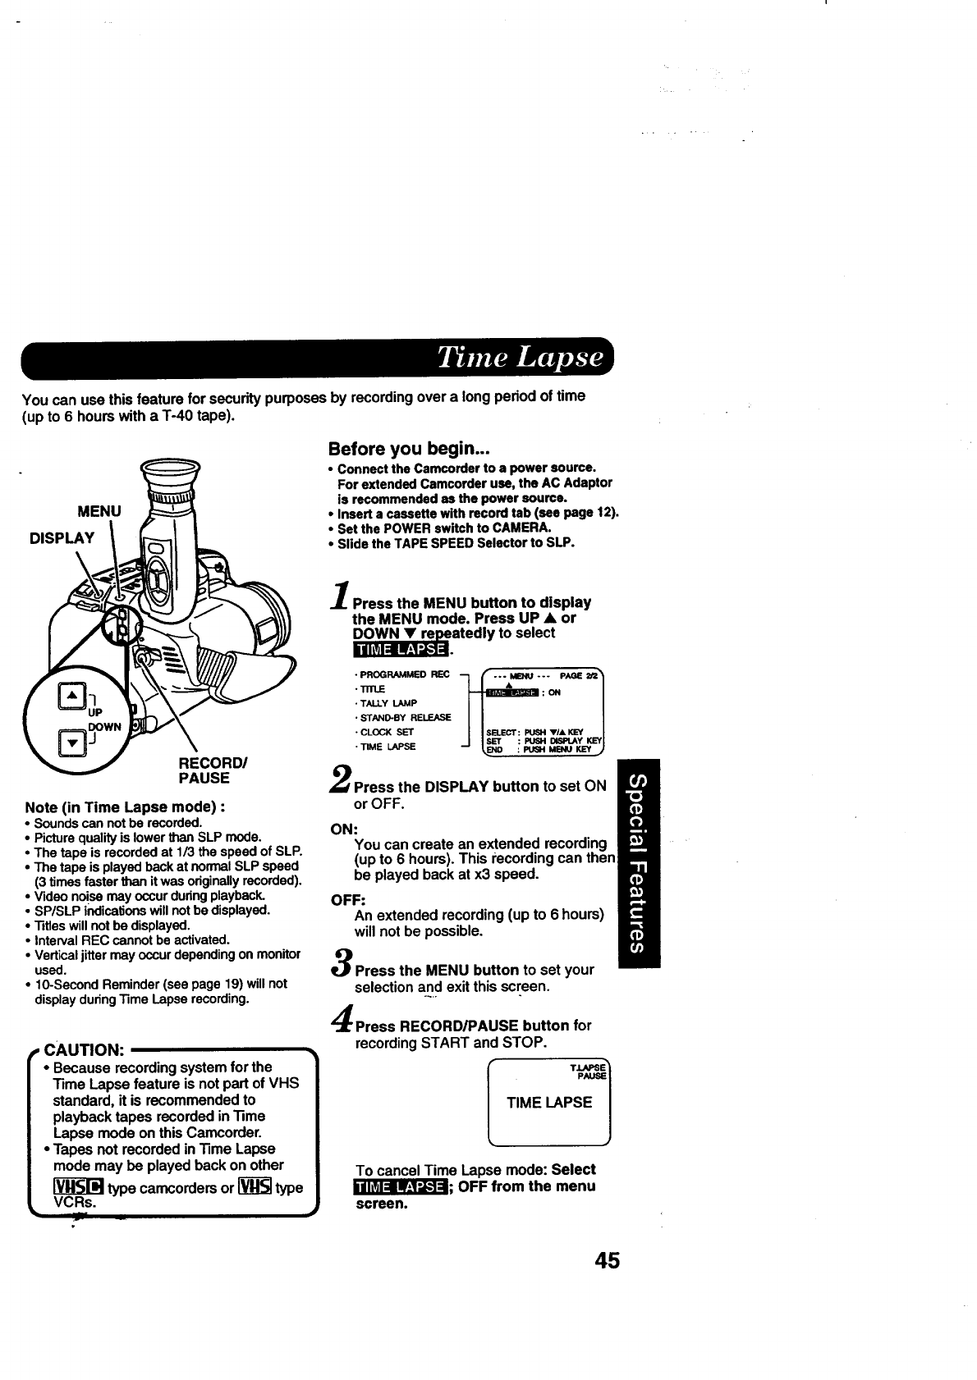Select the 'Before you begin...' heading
(409, 449)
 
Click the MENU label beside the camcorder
(99, 511)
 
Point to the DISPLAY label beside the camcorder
(62, 537)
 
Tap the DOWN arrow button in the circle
(71, 743)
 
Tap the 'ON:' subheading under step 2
(342, 829)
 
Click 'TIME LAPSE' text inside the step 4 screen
(548, 1102)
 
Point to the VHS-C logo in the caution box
(77, 1187)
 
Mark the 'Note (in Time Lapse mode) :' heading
(126, 807)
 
